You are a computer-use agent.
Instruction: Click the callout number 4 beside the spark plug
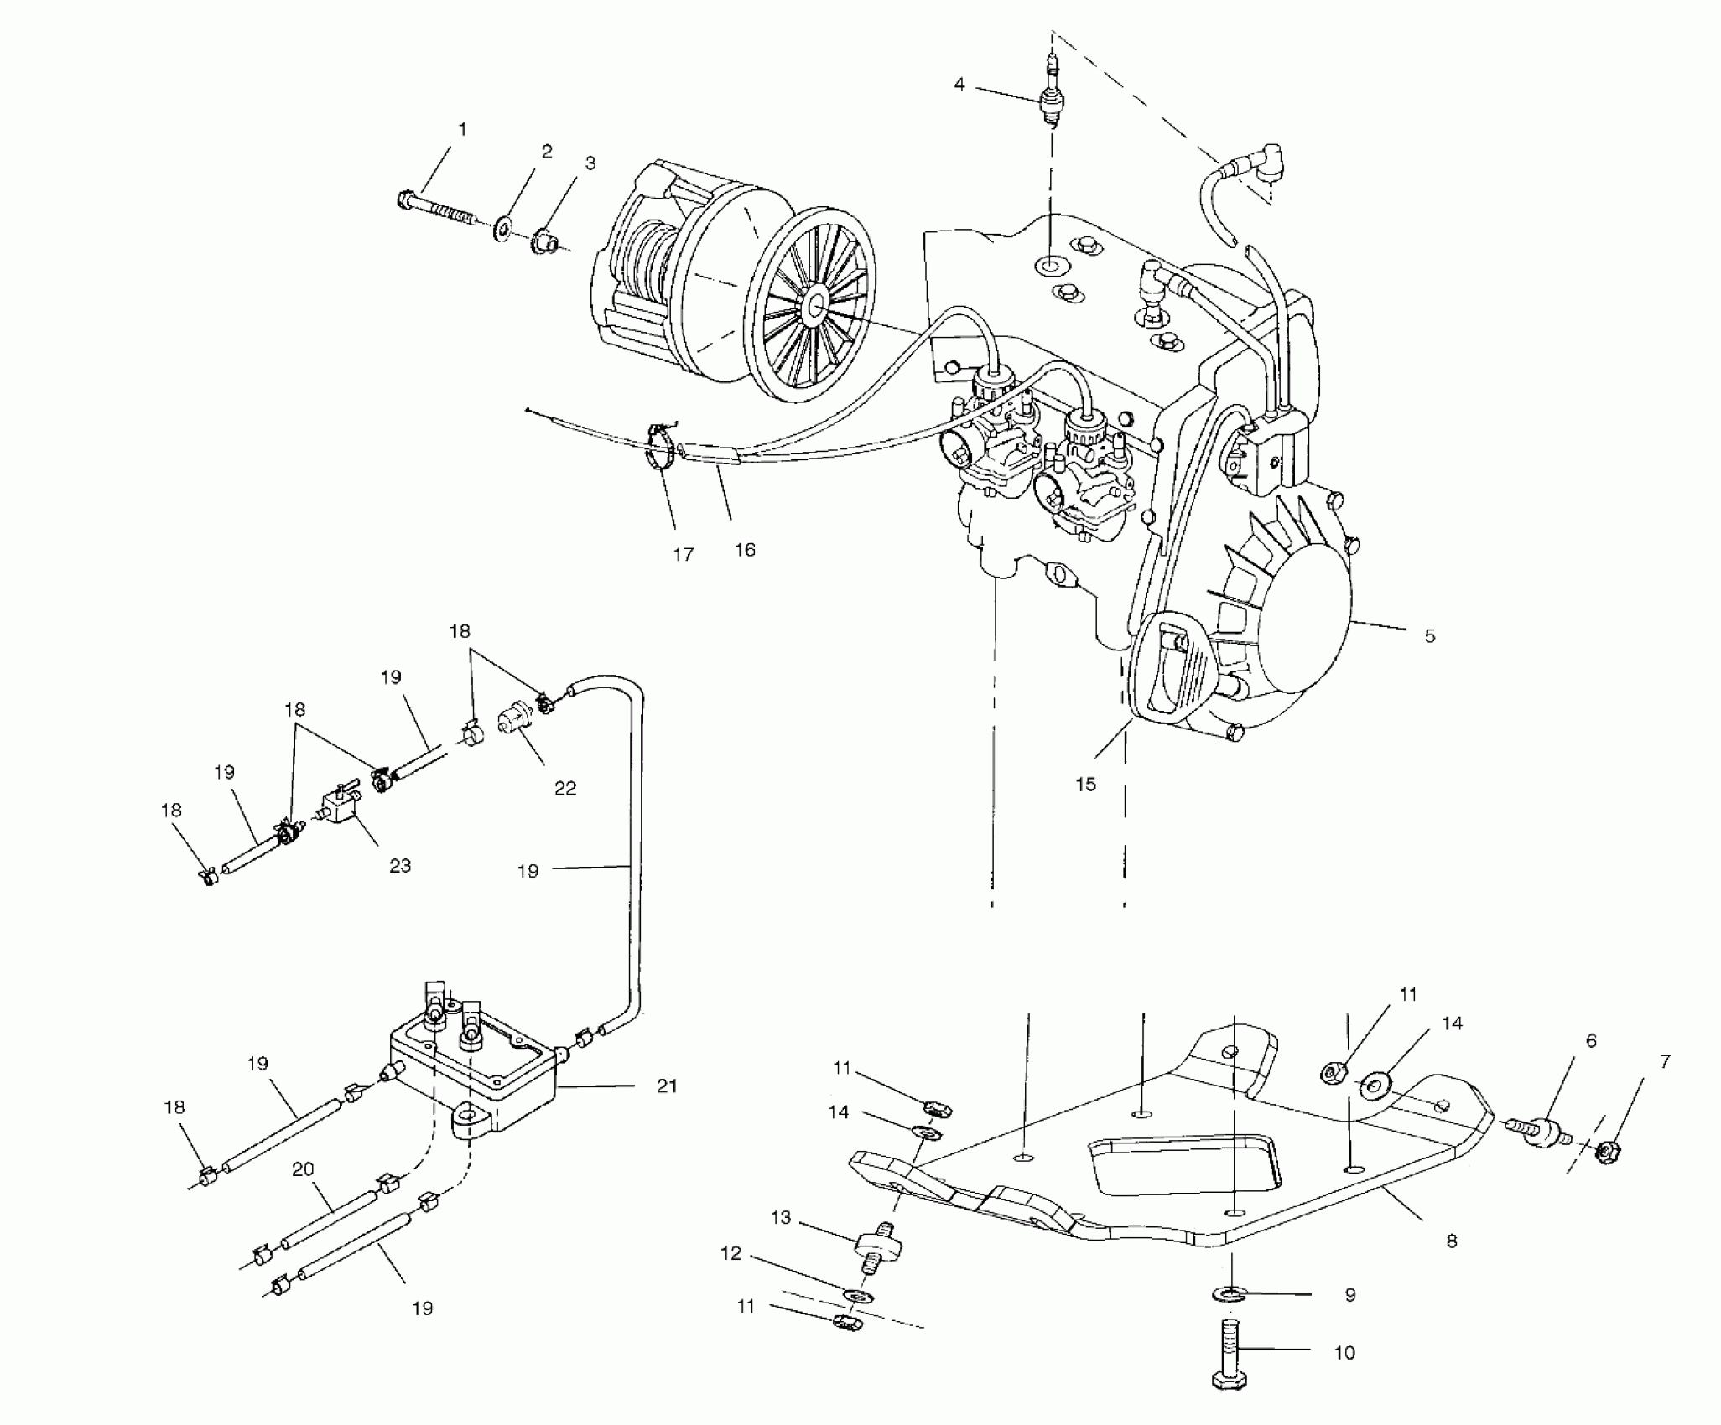(x=959, y=85)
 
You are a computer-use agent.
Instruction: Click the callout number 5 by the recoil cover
(x=1430, y=636)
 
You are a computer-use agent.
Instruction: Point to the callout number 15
(x=1085, y=785)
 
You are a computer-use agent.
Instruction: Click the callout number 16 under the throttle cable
(x=745, y=550)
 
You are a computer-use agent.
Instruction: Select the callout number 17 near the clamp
(x=684, y=554)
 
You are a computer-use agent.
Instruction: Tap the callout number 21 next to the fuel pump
(x=667, y=1086)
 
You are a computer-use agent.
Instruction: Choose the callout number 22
(x=565, y=788)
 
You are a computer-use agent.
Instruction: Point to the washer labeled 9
(x=1229, y=1295)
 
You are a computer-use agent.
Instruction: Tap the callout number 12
(x=731, y=1277)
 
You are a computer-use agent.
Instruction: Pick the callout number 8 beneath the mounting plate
(x=1452, y=1241)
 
